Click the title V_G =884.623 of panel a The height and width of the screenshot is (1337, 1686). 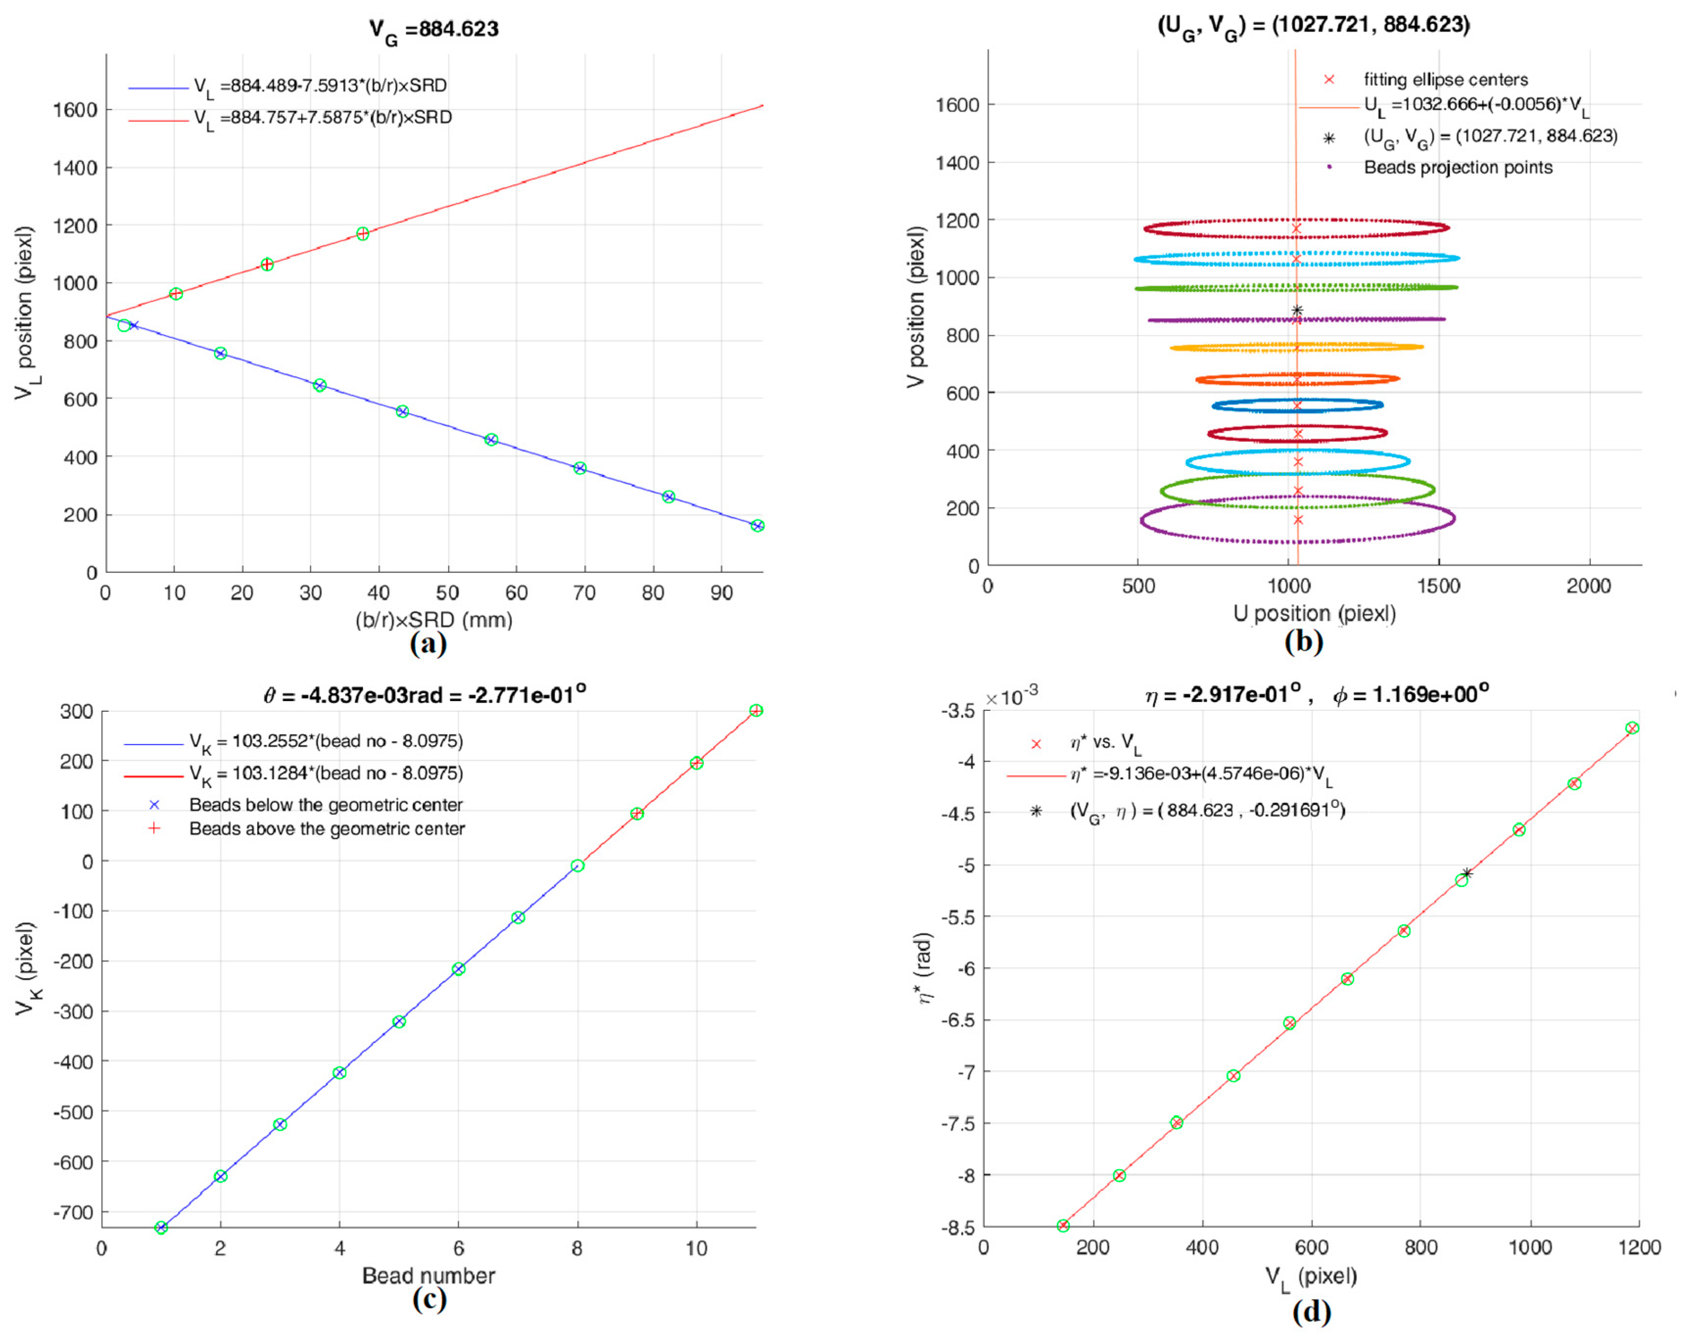pos(434,30)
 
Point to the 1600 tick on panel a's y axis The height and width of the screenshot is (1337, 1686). pos(75,110)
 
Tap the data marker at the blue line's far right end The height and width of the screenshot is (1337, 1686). pos(757,525)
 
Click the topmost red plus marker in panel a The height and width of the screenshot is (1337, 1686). pos(363,234)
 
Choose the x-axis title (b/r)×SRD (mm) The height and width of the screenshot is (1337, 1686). pos(434,620)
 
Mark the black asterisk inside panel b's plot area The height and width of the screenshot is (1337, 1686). pos(1296,310)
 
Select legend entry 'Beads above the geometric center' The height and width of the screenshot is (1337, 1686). pos(327,829)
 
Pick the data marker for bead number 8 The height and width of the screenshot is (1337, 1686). pos(577,866)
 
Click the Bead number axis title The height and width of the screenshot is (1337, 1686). pos(428,1276)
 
